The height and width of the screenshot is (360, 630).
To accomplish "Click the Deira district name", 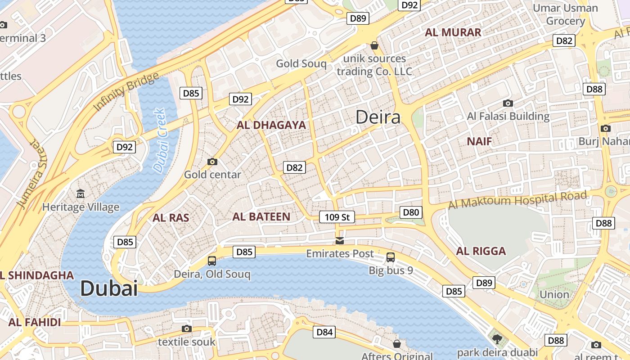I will click(x=378, y=117).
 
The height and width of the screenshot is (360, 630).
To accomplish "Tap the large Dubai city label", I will click(x=109, y=288).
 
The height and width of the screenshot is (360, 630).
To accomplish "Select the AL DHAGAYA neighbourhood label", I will click(x=271, y=125).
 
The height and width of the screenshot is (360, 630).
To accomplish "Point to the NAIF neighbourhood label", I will click(x=479, y=141).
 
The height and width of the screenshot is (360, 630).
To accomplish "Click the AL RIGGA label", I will click(x=481, y=251).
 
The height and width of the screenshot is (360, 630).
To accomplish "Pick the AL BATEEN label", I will click(x=261, y=216).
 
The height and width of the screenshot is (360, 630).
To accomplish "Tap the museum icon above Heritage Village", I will click(x=81, y=194).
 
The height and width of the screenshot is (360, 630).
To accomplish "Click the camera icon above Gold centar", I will click(x=212, y=162).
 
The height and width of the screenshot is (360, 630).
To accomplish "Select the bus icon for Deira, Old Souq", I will click(x=212, y=261).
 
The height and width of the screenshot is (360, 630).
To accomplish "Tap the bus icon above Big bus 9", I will click(x=391, y=257).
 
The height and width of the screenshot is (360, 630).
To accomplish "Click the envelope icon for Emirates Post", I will click(x=340, y=241).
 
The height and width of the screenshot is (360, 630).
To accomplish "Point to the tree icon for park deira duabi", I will click(x=497, y=339).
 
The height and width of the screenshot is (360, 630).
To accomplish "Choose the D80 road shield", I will click(x=411, y=212).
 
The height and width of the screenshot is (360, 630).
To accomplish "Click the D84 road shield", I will click(x=324, y=332).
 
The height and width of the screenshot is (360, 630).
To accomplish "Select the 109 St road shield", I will click(x=337, y=217).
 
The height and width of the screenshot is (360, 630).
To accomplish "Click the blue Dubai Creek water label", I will click(x=160, y=140).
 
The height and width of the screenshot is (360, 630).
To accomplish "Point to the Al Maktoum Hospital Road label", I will click(x=517, y=200).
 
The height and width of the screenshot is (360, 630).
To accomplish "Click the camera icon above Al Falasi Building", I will click(x=508, y=103).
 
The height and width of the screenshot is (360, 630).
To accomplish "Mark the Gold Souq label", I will click(x=301, y=63).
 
